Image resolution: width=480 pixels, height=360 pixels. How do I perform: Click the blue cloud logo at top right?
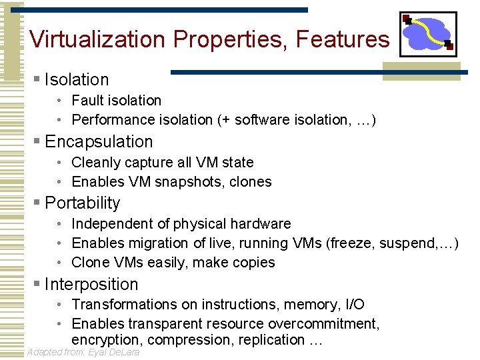click(428, 34)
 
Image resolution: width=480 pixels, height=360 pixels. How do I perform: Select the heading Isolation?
click(77, 79)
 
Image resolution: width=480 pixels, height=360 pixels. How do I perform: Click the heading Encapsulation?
click(99, 141)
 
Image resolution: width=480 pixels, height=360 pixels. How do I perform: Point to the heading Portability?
click(83, 203)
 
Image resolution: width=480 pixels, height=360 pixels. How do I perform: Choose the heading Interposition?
click(91, 284)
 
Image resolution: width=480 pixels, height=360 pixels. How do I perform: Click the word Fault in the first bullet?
click(87, 100)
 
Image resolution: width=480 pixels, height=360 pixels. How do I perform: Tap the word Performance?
click(113, 120)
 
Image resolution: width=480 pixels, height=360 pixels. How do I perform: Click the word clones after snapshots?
click(250, 181)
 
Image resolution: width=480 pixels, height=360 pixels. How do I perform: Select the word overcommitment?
click(323, 324)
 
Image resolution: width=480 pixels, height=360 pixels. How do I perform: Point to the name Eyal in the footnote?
click(100, 352)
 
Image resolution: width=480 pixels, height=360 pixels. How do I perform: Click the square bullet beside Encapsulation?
click(37, 141)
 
